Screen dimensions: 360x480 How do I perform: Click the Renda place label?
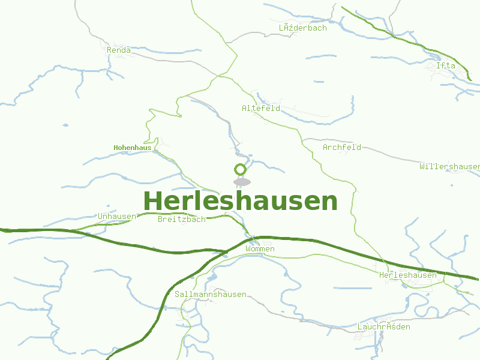119,50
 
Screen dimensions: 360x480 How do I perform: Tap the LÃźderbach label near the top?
303,28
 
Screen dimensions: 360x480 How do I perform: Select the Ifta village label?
446,65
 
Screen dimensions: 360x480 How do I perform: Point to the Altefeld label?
261,109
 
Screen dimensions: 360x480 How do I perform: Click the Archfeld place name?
342,147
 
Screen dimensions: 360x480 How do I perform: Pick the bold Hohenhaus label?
133,147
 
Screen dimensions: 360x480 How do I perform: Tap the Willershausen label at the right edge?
450,166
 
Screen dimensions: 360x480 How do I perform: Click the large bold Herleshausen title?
240,201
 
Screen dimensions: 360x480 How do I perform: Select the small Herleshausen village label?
408,275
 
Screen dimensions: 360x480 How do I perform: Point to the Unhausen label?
117,216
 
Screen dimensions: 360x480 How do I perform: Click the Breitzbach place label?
182,219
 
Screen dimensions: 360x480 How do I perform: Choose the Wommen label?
260,248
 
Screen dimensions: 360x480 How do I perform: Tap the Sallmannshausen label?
211,294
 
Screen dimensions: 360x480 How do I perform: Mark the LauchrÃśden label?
384,327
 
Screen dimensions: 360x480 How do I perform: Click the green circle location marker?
241,170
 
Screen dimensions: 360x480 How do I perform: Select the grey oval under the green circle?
241,182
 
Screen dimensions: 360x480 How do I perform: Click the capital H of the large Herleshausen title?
154,201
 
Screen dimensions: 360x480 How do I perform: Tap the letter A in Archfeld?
326,147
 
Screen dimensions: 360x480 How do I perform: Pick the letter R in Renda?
109,50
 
